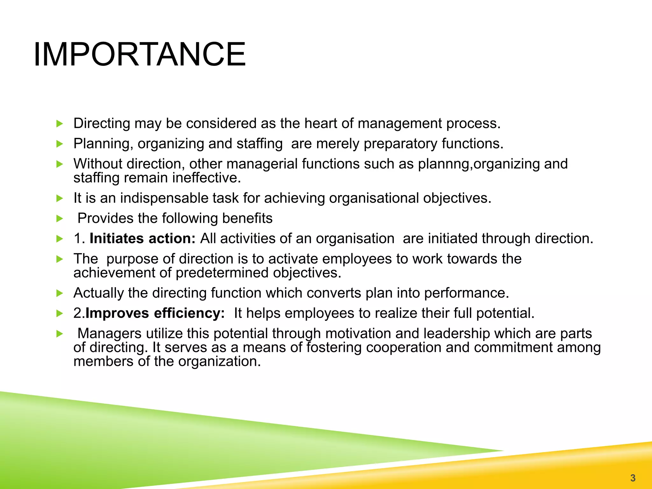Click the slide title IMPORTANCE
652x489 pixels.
tap(139, 54)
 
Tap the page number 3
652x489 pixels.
tap(633, 478)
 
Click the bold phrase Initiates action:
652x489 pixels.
tap(142, 238)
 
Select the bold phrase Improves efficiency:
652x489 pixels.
tap(155, 313)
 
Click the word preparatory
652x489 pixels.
tap(400, 144)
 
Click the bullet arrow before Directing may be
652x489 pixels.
tap(60, 124)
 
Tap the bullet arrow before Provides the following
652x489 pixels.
tap(60, 219)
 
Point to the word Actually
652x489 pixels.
tap(98, 293)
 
